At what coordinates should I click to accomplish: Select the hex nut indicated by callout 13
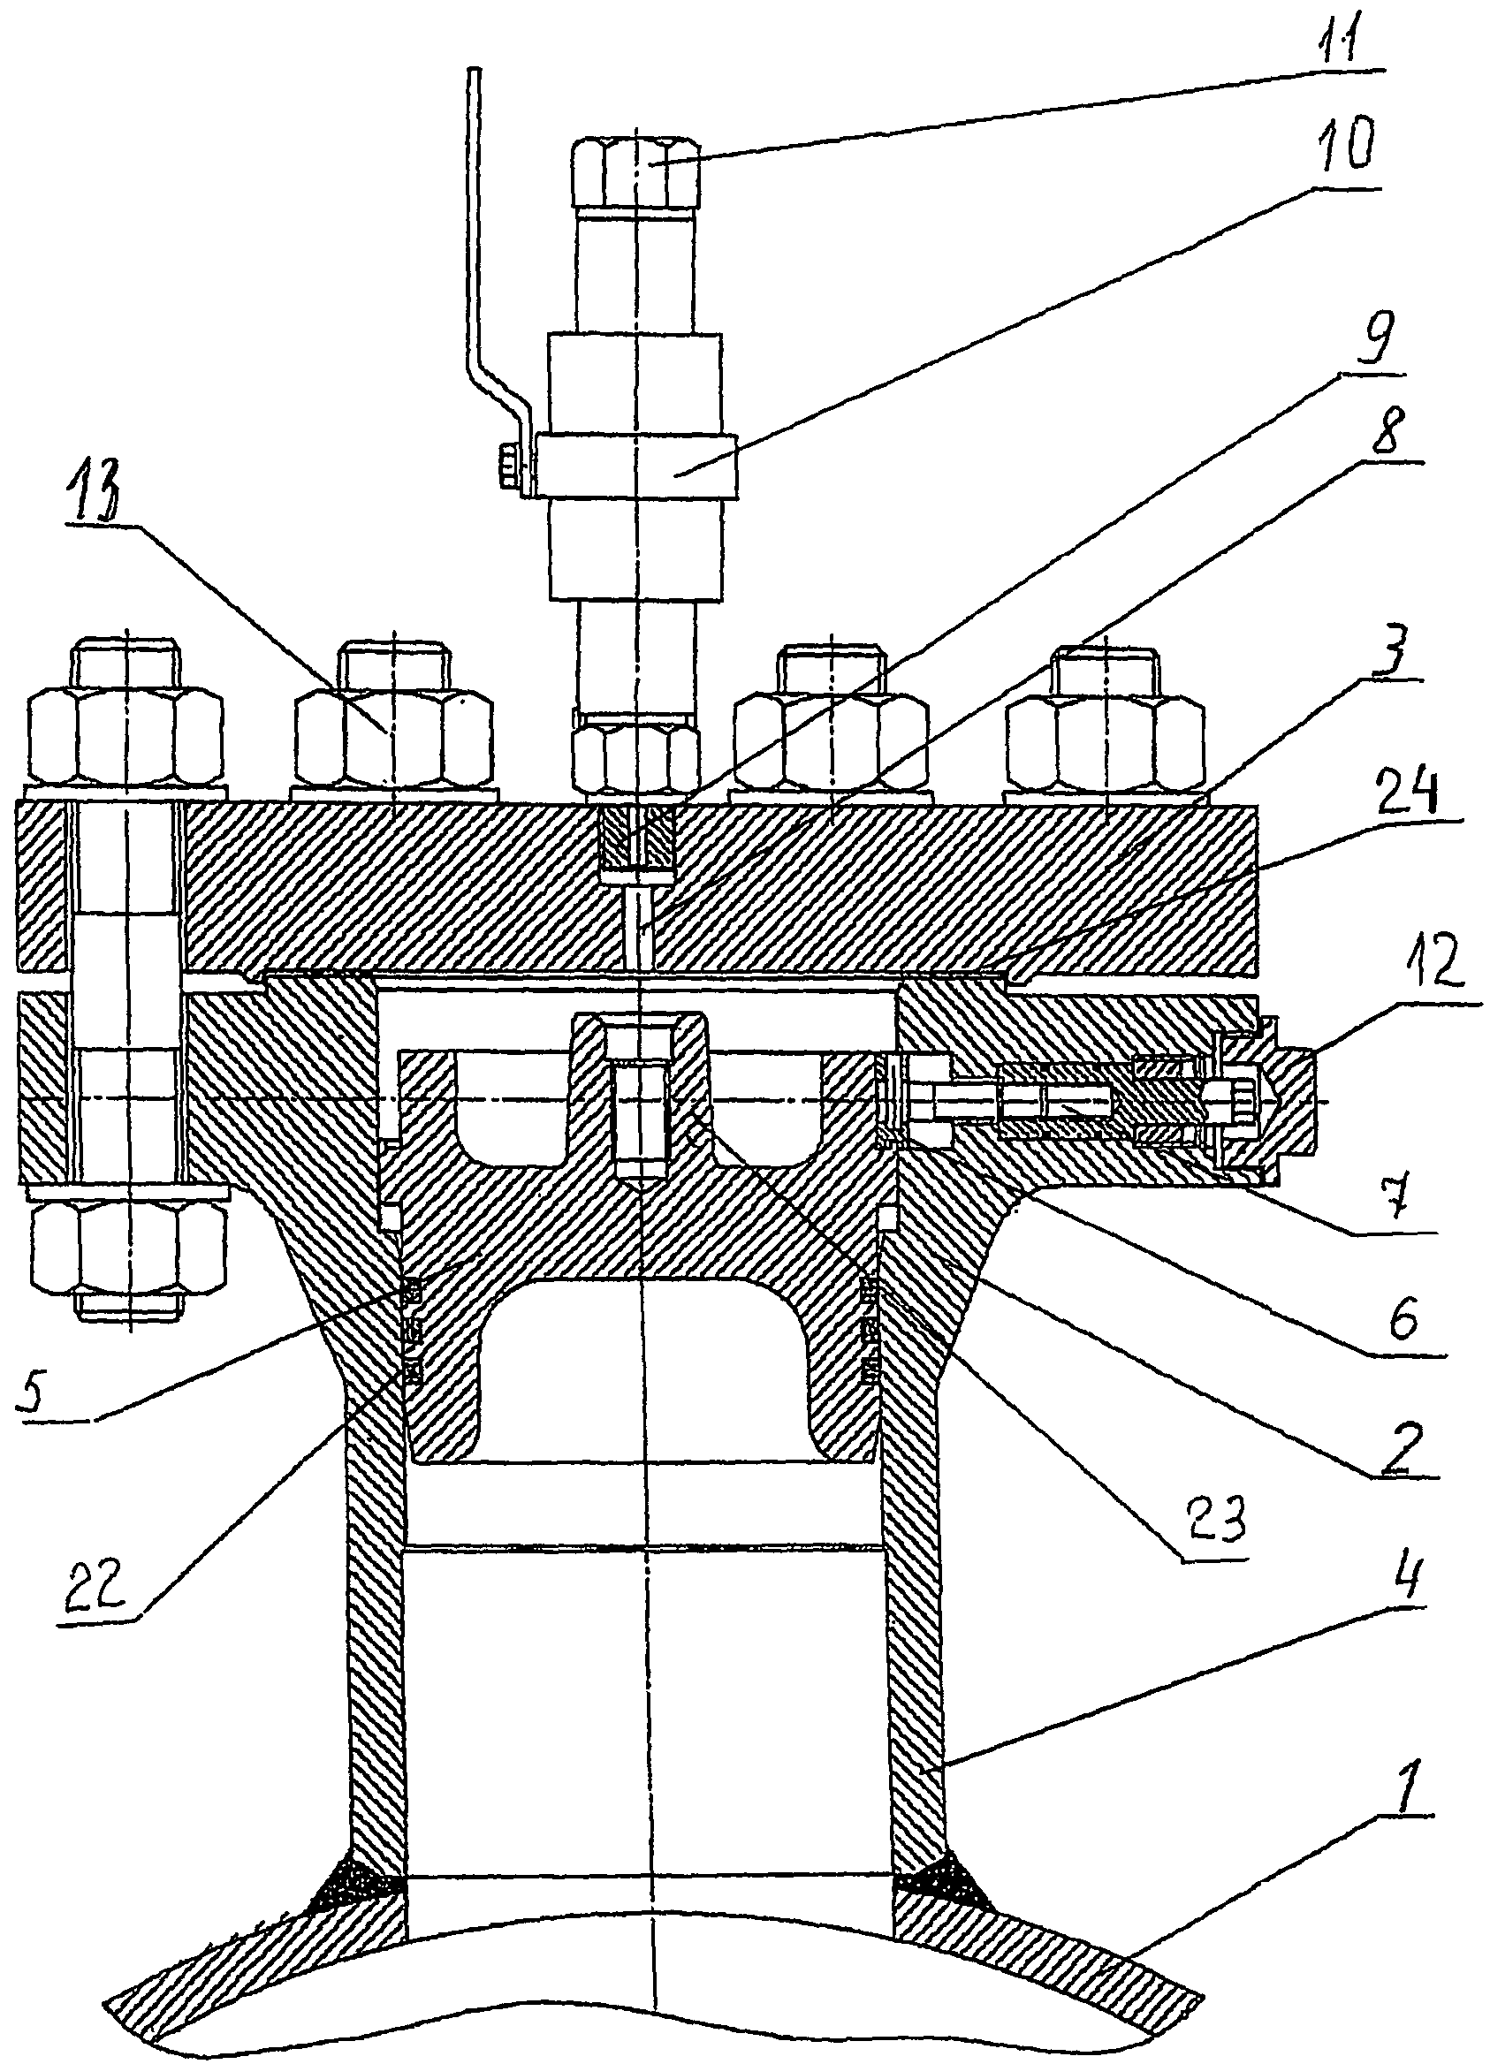tap(392, 736)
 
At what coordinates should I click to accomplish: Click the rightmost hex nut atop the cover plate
tap(1104, 736)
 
